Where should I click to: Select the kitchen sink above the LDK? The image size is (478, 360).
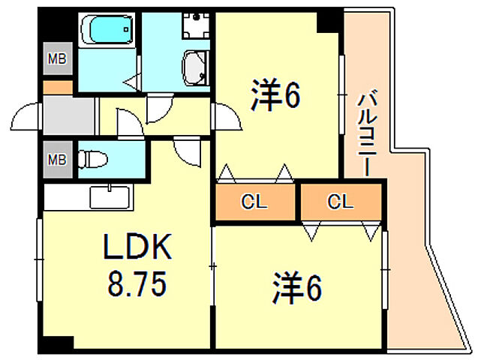(x=110, y=196)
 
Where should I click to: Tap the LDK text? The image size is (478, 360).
(x=137, y=247)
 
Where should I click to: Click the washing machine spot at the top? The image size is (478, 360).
(x=197, y=25)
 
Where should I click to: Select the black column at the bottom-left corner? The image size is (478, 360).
(x=56, y=343)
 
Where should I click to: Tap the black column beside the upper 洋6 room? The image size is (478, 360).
(x=328, y=22)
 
